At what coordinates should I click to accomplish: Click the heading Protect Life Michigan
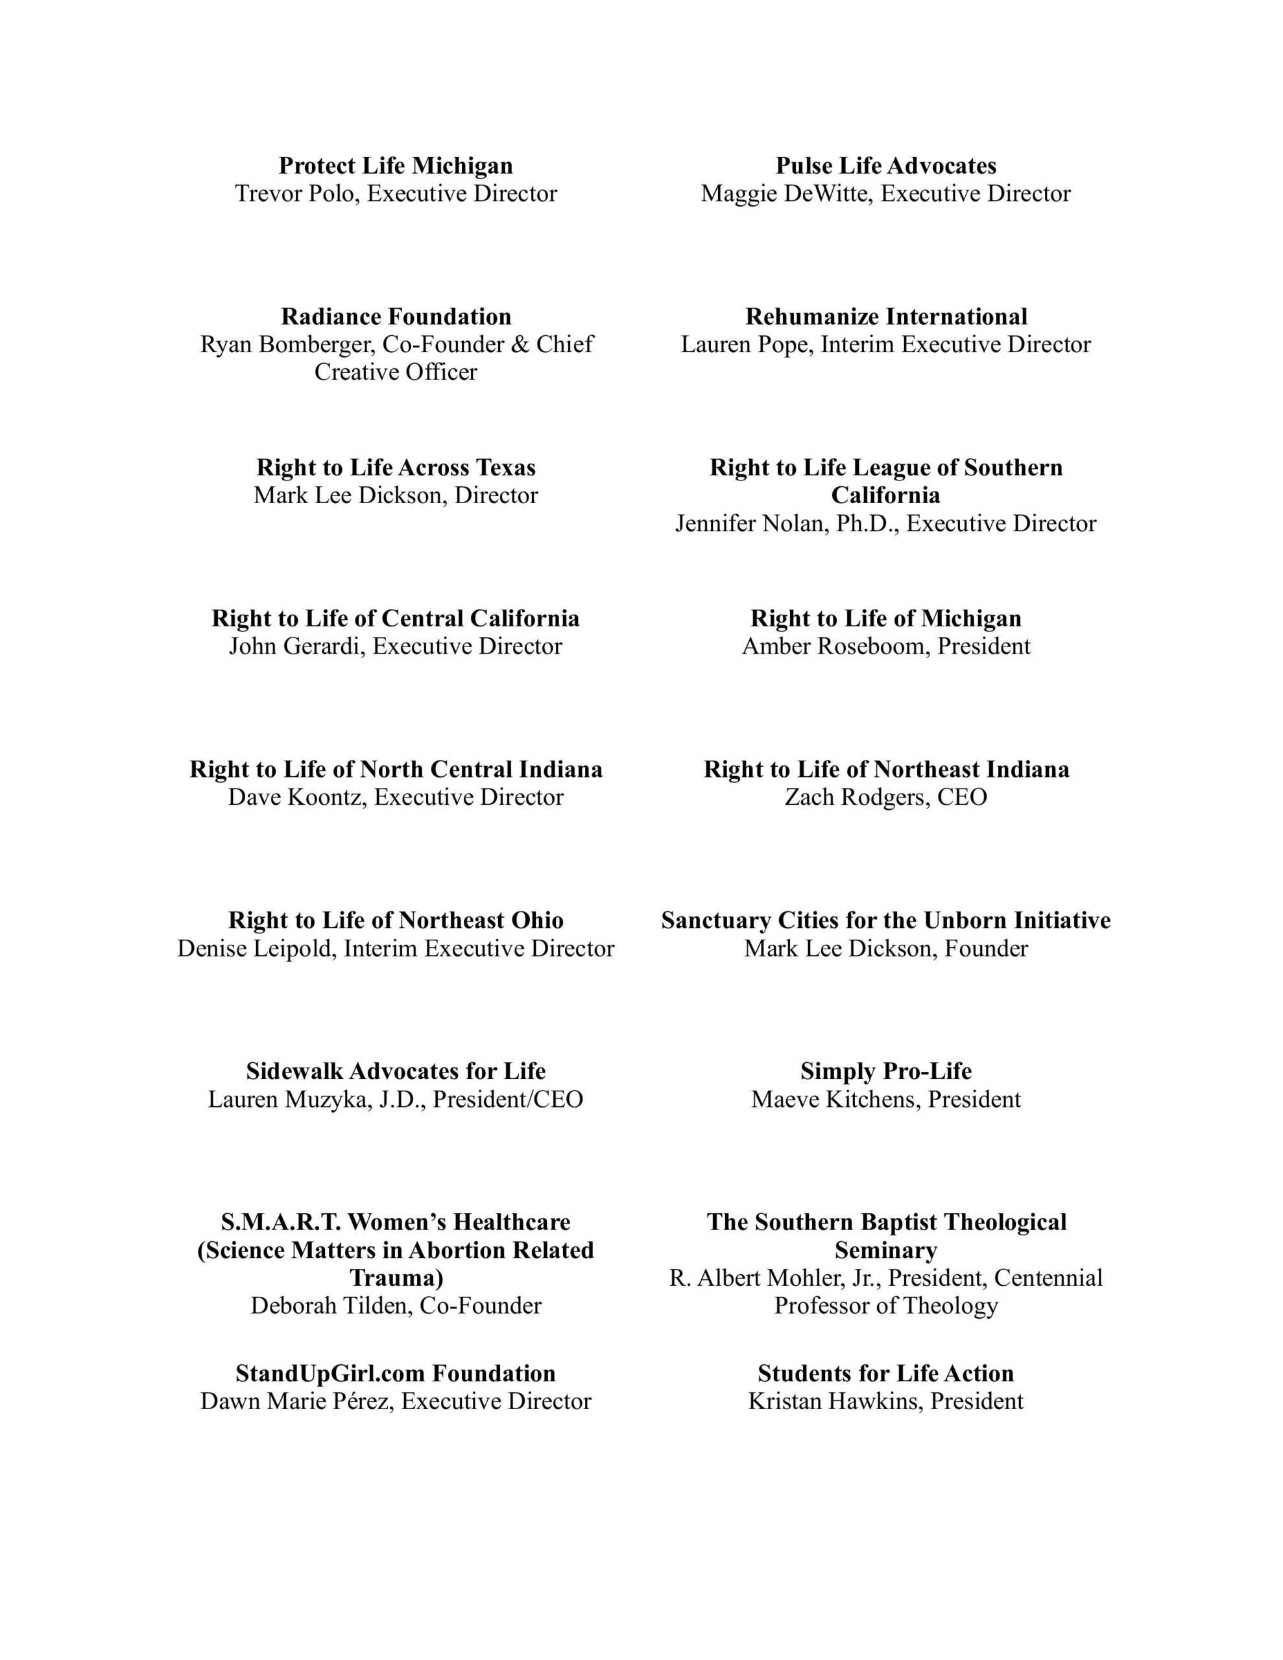396,166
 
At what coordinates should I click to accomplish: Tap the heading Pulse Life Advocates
885,166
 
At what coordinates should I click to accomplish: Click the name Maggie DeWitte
786,194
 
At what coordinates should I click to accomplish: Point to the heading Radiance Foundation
396,316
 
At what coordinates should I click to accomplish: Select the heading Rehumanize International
885,316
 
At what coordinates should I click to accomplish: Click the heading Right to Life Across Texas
396,468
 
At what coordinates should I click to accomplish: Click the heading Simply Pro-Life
885,1072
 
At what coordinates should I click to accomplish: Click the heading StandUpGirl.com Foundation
396,1373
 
